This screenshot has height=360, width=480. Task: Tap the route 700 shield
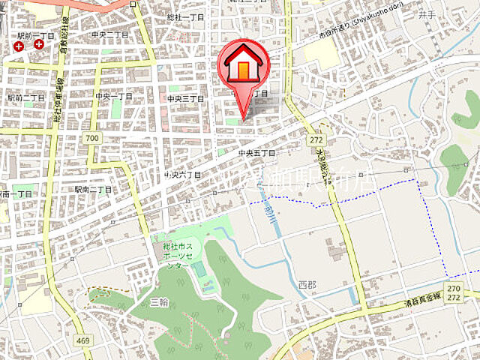pyautogui.click(x=92, y=139)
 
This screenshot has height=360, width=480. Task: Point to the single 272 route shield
pyautogui.click(x=316, y=141)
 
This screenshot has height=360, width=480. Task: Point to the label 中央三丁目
pyautogui.click(x=184, y=98)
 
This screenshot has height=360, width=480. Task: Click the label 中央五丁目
pyautogui.click(x=256, y=153)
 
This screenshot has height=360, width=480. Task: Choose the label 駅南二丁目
pyautogui.click(x=93, y=190)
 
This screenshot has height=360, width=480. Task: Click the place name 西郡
pyautogui.click(x=307, y=285)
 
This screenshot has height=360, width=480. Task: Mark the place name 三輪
pyautogui.click(x=159, y=301)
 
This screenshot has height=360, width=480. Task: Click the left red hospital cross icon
pyautogui.click(x=19, y=46)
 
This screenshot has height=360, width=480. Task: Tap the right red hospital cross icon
pyautogui.click(x=38, y=45)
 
